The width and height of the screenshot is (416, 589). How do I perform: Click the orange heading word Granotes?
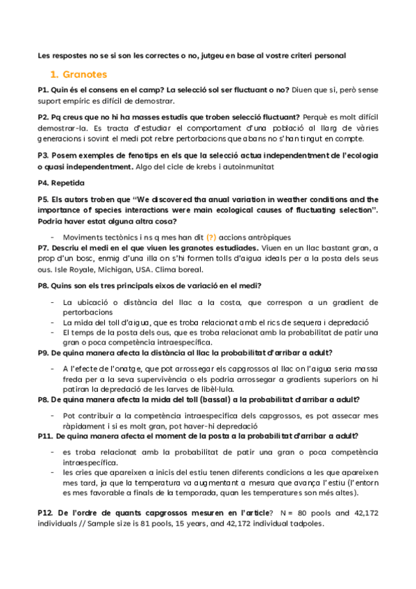pyautogui.click(x=84, y=73)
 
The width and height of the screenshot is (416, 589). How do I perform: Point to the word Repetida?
pyautogui.click(x=70, y=183)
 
